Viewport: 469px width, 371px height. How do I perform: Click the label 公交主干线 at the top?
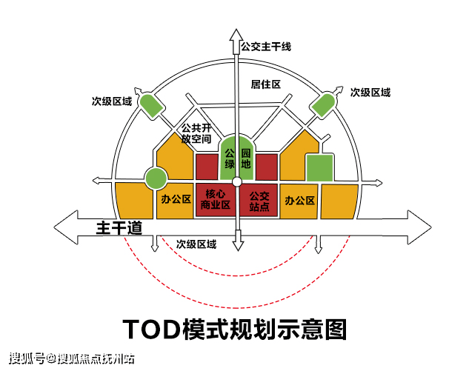coord(266,47)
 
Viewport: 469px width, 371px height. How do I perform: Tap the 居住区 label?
coord(265,84)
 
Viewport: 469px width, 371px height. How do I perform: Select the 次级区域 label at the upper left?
coord(112,100)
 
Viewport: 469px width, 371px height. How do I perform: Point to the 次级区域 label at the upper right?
coord(370,93)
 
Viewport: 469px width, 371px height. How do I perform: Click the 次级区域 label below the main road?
coord(196,244)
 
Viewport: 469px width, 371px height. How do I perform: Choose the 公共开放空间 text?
coord(196,133)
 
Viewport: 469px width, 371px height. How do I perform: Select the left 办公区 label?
coord(176,200)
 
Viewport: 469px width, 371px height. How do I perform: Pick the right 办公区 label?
coord(300,200)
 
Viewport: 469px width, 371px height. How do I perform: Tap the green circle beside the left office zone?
coord(156,178)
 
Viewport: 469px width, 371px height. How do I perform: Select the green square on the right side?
coord(319,168)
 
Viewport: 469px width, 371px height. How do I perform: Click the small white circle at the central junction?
coord(236,181)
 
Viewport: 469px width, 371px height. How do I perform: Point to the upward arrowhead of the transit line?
coord(236,35)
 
